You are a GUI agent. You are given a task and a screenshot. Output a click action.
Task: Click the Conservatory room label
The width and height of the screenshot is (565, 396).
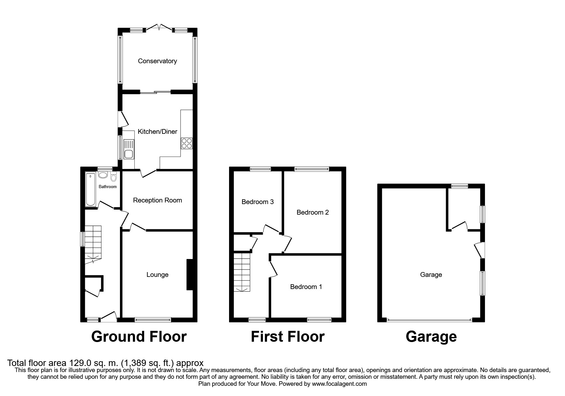(157, 61)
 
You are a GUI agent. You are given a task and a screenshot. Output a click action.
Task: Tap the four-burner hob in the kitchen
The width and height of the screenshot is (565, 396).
(187, 143)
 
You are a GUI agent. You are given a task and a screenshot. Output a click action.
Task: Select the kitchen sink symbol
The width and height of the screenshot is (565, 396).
(129, 149)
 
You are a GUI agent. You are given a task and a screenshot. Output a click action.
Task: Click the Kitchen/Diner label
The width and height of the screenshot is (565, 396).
(157, 132)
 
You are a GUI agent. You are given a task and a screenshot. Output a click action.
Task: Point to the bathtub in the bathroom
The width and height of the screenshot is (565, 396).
(91, 189)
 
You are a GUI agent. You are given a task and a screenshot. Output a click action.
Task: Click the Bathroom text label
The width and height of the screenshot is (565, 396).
(108, 187)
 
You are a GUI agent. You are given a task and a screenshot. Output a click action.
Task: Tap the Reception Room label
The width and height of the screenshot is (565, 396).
(157, 200)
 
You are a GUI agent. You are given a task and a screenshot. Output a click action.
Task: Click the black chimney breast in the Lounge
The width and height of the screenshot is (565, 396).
(190, 274)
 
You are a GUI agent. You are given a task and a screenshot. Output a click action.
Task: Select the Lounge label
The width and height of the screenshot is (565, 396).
(157, 275)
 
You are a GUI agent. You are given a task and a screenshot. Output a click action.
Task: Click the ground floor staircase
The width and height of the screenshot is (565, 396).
(93, 243)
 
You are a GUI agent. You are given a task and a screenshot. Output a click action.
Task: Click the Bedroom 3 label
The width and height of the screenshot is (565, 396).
(257, 202)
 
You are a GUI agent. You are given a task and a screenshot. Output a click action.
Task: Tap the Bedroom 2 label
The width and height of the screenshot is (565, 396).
(312, 212)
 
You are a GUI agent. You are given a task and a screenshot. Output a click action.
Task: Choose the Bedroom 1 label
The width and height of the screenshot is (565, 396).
(306, 287)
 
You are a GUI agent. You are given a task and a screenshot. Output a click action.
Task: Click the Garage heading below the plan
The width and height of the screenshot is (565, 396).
(431, 337)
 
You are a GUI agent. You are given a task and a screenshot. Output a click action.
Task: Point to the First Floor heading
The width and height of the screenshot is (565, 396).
(287, 337)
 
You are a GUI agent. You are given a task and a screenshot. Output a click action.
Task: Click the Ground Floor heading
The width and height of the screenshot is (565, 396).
(139, 337)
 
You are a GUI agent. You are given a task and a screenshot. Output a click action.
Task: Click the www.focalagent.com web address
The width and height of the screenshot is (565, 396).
(339, 384)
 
